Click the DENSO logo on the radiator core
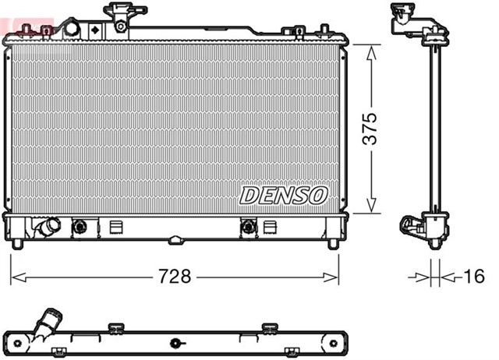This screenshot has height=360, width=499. (284, 195)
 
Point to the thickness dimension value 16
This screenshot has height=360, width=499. (472, 276)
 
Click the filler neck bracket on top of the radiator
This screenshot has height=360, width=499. (120, 16)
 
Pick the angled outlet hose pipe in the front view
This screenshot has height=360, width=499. (46, 228)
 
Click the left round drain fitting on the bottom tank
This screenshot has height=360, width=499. (79, 228)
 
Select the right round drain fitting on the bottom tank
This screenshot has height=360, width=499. (249, 228)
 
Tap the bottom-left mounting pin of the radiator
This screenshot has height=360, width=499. (16, 244)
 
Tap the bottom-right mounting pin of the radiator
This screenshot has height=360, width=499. (333, 244)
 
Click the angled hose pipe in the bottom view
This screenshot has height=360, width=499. (47, 323)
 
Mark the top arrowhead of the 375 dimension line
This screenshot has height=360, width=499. (371, 49)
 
